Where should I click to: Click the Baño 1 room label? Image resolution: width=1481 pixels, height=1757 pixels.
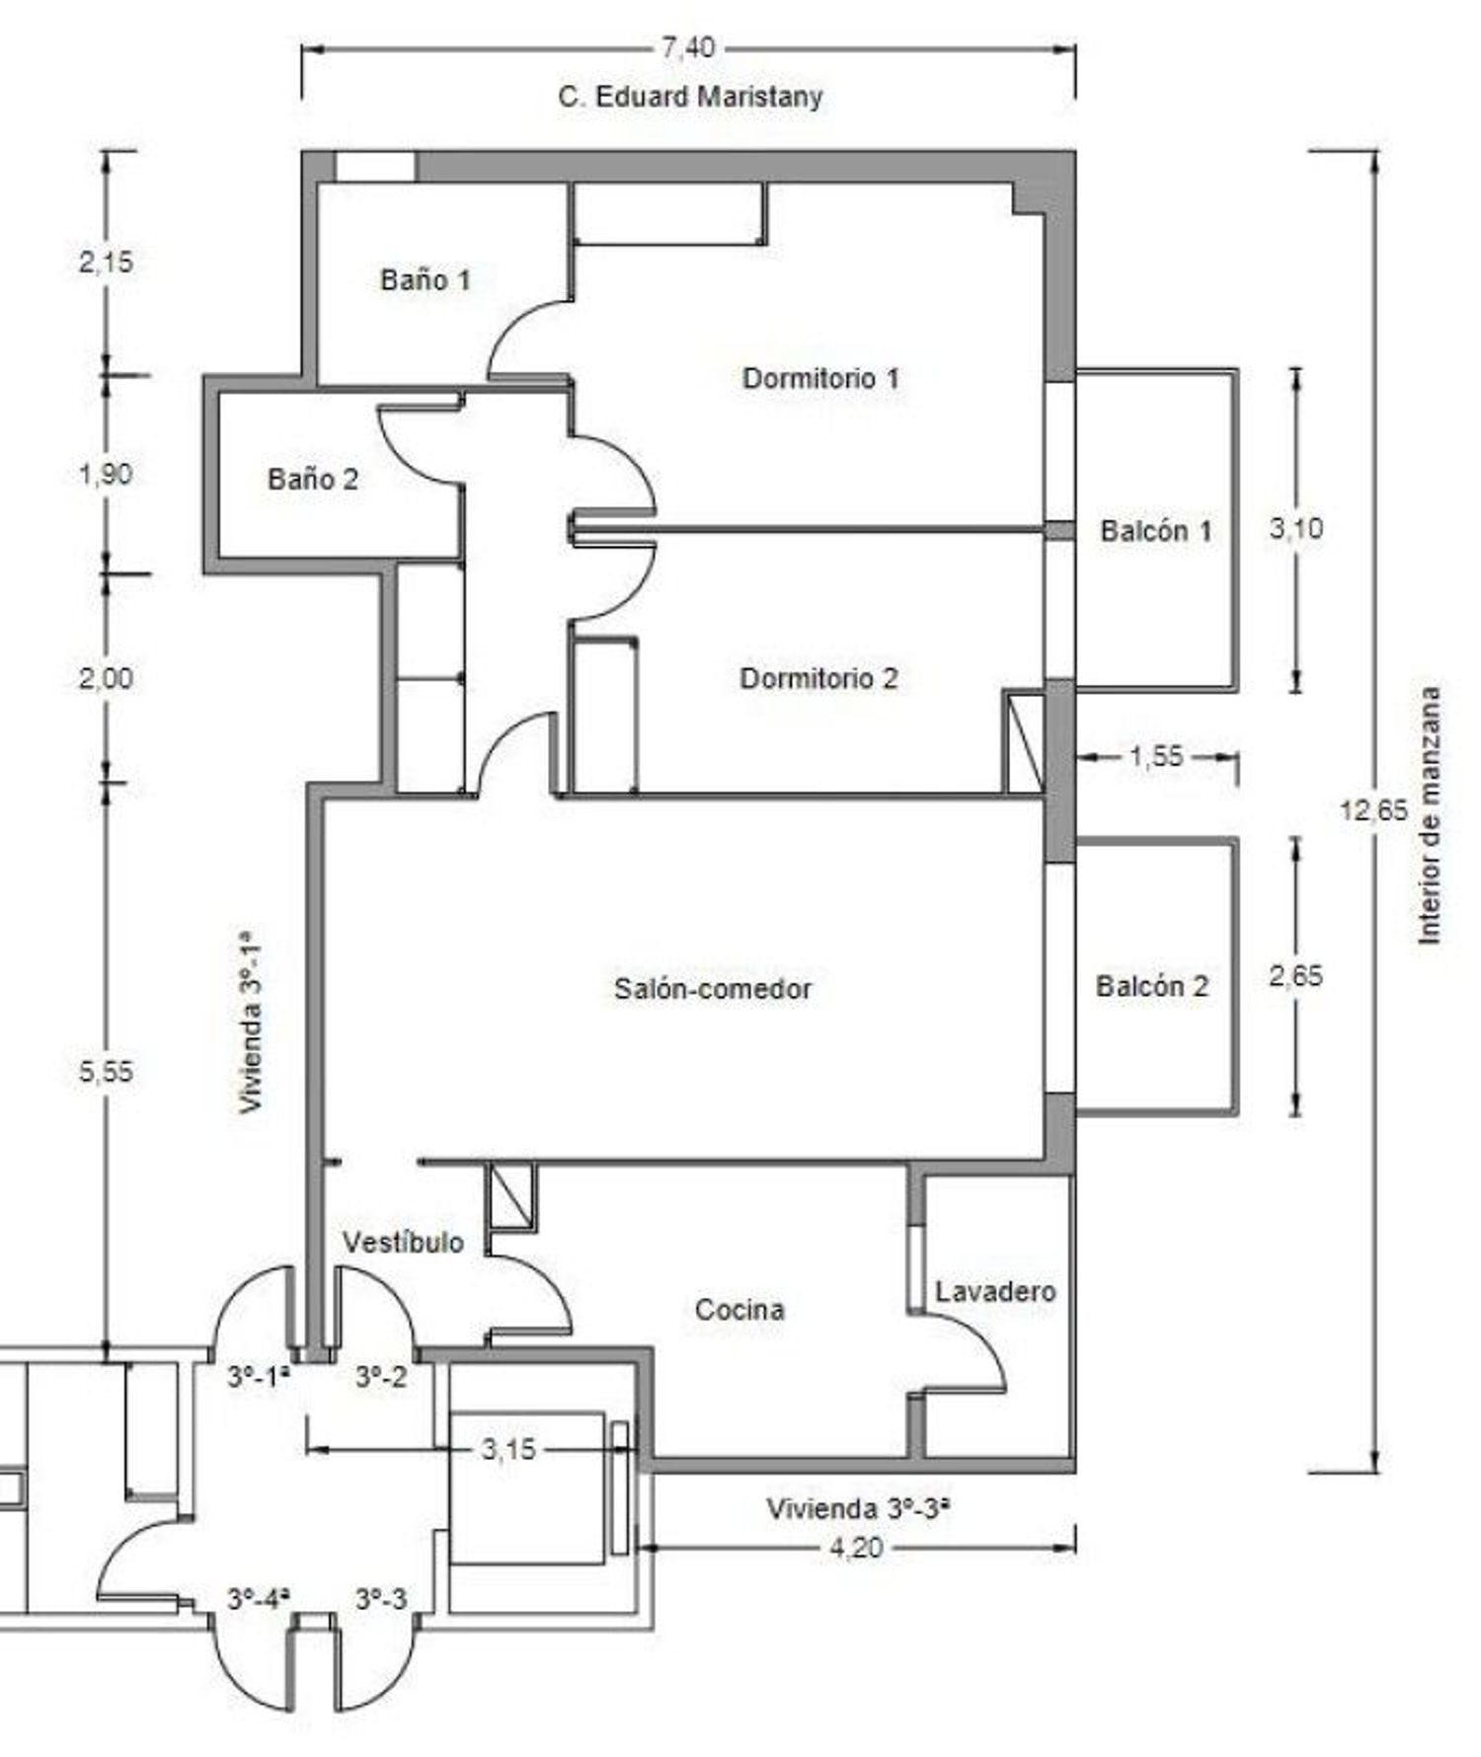tap(426, 280)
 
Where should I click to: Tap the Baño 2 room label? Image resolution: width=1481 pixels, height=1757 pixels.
tap(313, 480)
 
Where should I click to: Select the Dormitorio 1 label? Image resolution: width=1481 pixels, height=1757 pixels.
tap(820, 378)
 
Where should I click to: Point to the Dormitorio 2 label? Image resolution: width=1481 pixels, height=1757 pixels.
tap(818, 679)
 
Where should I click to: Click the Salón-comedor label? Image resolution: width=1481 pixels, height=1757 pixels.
tap(713, 988)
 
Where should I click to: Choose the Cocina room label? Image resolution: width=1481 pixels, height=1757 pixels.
tap(740, 1310)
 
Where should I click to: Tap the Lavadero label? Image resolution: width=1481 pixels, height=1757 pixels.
tap(995, 1291)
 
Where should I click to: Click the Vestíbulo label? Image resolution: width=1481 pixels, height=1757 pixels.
tap(403, 1242)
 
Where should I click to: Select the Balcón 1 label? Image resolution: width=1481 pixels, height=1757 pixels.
tap(1156, 531)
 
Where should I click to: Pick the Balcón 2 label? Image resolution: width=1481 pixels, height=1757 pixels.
tap(1152, 986)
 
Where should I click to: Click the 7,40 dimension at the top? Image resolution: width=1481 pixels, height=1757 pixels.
tap(688, 47)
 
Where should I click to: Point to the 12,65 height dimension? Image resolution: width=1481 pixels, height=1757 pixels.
tap(1373, 810)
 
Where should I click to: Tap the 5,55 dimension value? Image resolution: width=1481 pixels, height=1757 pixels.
tap(106, 1072)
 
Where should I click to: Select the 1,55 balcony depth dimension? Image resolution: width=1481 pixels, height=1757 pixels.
tap(1156, 757)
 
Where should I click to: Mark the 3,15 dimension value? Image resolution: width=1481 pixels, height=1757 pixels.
tap(508, 1449)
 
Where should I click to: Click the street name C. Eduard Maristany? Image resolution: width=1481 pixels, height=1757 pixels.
tap(690, 97)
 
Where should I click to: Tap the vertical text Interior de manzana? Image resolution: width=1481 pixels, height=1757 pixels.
tap(1429, 815)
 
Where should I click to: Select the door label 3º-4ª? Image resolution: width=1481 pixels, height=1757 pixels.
tap(259, 1599)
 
